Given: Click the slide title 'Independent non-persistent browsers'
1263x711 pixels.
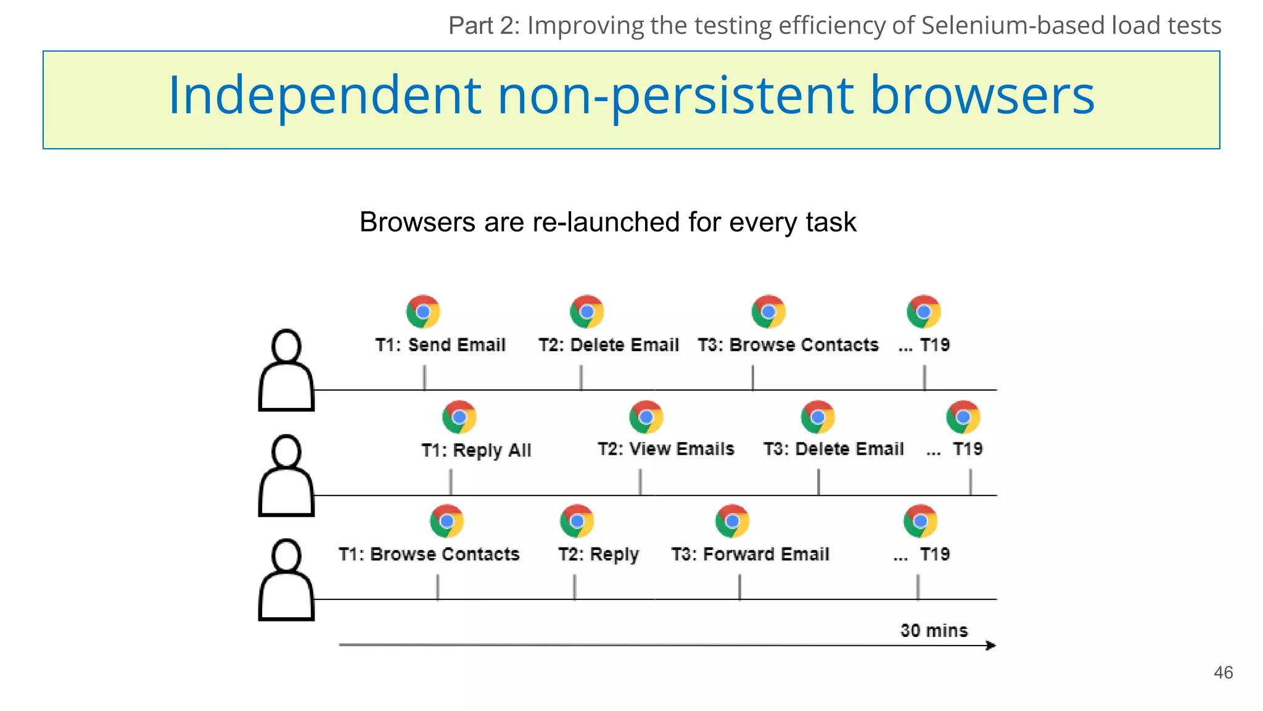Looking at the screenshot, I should coord(631,96).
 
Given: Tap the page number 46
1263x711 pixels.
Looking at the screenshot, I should coord(1223,672).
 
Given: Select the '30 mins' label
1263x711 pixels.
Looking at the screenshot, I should coord(934,630).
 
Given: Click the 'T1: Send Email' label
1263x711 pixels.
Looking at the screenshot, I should coord(440,344).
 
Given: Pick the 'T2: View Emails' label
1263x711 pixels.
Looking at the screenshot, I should coord(665,449).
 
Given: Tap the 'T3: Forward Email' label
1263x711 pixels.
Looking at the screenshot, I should coord(750,554).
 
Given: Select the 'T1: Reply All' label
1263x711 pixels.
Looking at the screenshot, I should coord(476,450).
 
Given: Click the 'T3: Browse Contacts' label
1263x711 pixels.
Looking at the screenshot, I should coord(788,344).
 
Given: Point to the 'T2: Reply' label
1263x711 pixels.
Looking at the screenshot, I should coord(598,554).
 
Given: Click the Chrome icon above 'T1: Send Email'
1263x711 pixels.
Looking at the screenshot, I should coord(423,312).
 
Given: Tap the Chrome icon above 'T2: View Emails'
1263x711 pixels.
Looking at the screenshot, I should coord(646,417).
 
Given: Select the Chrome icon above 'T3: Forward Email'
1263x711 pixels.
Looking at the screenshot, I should coord(732,522).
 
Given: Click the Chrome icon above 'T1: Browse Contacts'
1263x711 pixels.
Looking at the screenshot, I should coord(446,522).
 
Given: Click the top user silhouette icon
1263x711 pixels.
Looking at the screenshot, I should coord(287,370).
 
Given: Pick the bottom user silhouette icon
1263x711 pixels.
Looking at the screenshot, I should coord(287,580).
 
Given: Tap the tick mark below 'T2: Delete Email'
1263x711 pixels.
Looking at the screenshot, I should coord(581,377).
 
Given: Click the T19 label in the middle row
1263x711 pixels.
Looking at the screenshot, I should coord(967,449).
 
